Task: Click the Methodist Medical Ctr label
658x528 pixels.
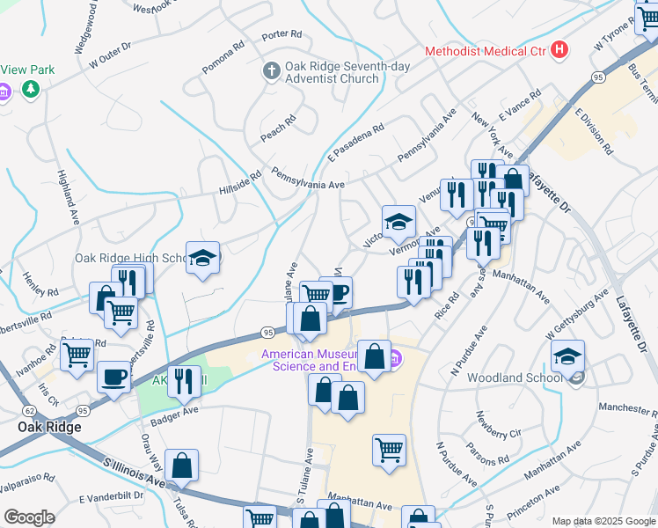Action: click(485, 51)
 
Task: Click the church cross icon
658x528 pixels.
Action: click(272, 69)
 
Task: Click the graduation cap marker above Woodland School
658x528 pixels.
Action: click(567, 356)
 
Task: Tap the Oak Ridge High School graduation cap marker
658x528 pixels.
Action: click(202, 258)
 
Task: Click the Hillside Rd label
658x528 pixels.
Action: click(241, 182)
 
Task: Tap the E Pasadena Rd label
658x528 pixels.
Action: click(357, 142)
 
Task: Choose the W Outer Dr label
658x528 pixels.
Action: click(109, 54)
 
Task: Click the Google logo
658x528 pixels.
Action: click(29, 517)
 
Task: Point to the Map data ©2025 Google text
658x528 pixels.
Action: click(603, 521)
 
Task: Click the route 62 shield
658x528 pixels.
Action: click(30, 410)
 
